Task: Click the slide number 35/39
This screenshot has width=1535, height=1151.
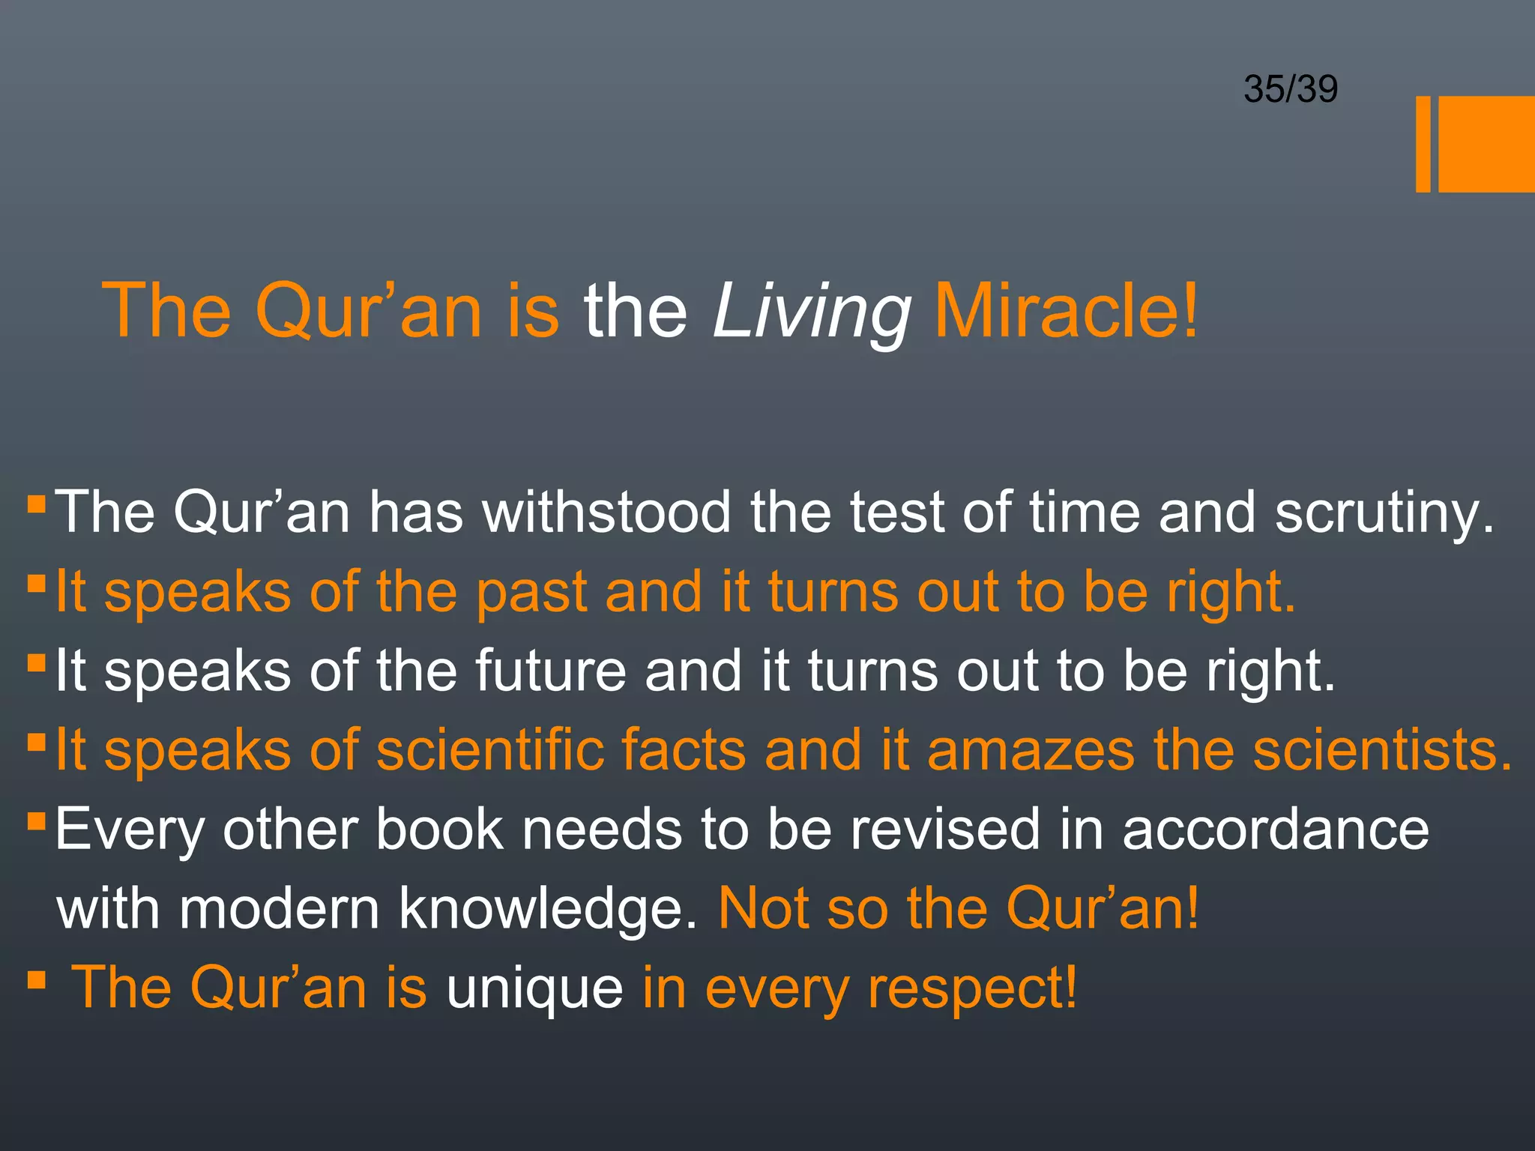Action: point(1290,89)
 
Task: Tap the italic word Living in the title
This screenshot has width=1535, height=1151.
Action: point(812,312)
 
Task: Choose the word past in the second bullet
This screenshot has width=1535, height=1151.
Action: point(531,592)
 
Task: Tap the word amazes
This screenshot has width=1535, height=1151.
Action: point(1031,751)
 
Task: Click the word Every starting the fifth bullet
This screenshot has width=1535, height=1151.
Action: point(130,830)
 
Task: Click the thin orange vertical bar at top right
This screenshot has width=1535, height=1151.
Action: point(1423,144)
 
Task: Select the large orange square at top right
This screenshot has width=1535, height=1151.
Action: point(1486,144)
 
